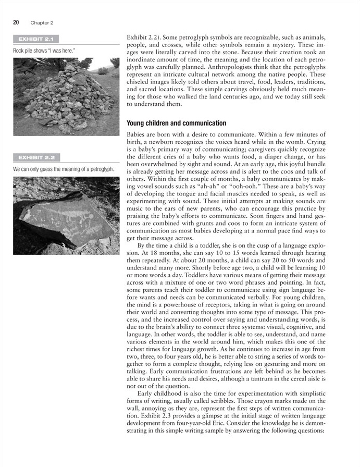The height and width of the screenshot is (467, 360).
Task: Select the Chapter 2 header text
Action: coord(42,23)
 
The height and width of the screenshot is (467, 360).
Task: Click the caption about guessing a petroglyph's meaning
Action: coord(63,169)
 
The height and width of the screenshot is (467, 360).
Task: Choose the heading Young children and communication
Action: coord(177,123)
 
